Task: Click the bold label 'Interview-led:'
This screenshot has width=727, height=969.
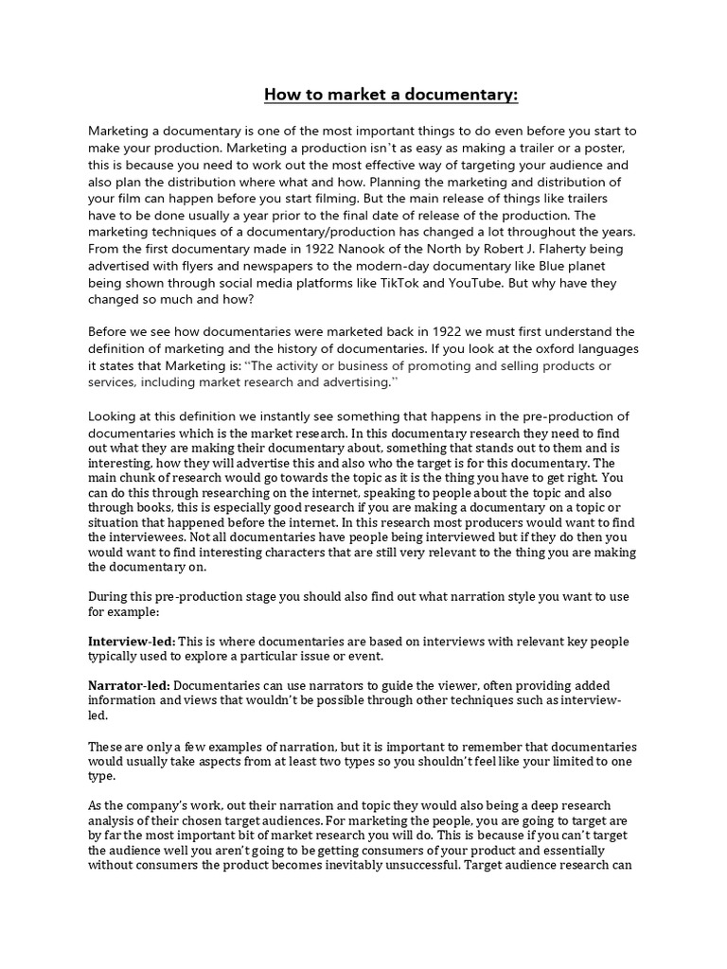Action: (132, 642)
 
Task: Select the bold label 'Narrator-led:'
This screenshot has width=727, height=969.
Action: (130, 685)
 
